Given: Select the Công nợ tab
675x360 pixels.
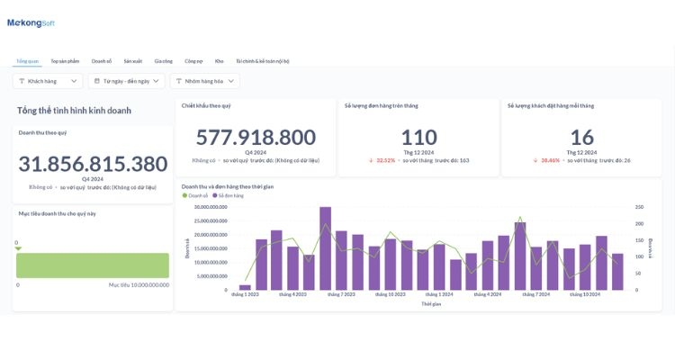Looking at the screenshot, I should coord(193,61).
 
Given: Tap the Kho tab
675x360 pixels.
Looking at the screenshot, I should coord(219,61).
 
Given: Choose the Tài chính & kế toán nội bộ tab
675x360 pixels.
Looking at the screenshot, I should coord(262,61).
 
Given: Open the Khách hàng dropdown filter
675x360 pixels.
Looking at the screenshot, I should coord(48,81).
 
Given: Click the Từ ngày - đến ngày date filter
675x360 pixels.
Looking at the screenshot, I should coord(127,81).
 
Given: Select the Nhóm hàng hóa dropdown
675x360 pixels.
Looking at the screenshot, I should coord(205,81).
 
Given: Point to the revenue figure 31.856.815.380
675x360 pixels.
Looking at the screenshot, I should coord(93,164).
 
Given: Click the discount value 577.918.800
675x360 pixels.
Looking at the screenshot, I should coord(256,138).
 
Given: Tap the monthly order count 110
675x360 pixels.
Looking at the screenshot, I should coord(418,138).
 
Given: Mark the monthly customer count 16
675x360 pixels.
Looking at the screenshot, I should coord(581,138).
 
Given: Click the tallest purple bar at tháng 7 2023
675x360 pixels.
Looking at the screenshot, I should coord(325,248).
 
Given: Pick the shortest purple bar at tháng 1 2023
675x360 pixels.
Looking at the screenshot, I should coord(245,287).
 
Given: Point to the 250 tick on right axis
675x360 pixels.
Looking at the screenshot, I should coord(639,207).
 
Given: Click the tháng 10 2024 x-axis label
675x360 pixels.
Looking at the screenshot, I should coord(585,294).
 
